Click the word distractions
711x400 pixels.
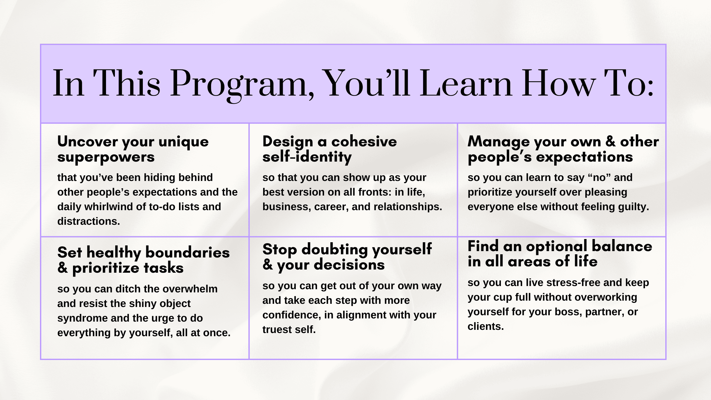point(89,221)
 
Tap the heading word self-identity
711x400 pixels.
point(307,157)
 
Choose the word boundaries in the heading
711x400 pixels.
point(187,253)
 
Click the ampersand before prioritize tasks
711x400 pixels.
point(63,268)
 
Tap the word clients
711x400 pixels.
point(486,326)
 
